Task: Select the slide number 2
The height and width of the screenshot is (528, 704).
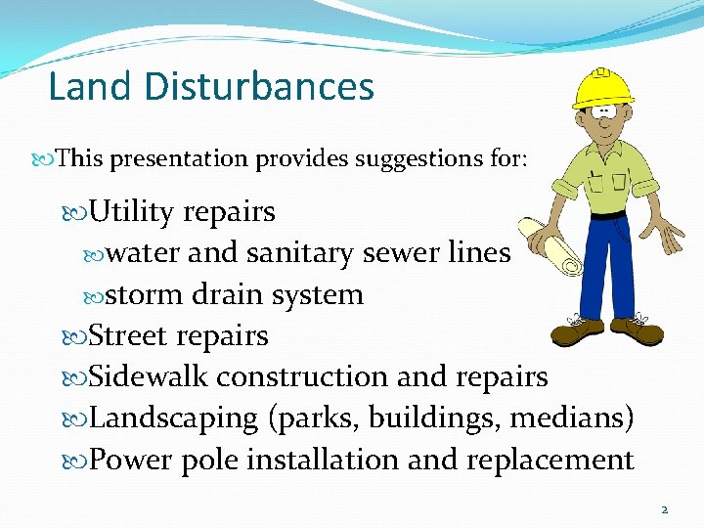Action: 664,509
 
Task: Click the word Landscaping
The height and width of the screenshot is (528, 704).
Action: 172,419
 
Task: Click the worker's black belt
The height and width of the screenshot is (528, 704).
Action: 606,214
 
